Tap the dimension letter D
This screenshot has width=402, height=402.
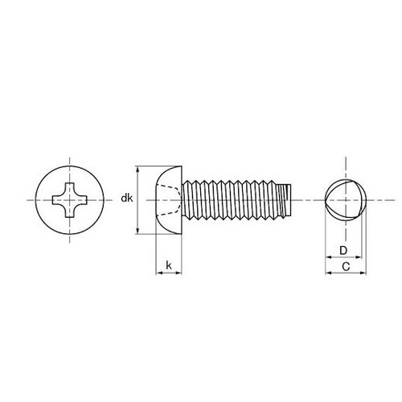[x=342, y=249]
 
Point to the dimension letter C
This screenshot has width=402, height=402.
[x=344, y=264]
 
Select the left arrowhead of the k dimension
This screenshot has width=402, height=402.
[x=158, y=273]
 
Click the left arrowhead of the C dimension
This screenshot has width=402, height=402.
[x=326, y=273]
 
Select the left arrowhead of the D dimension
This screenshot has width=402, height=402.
[x=326, y=259]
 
